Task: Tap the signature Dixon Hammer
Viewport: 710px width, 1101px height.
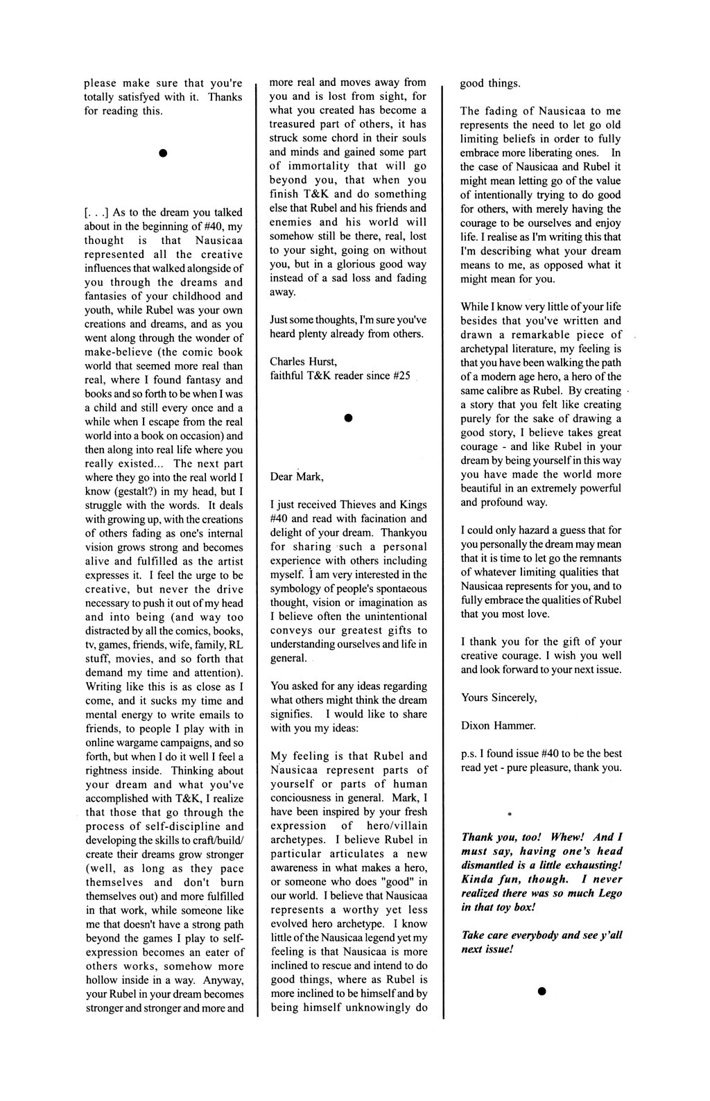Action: (x=498, y=725)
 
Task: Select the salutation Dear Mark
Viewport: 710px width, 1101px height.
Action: (x=297, y=476)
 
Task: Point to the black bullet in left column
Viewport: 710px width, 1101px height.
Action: (x=161, y=152)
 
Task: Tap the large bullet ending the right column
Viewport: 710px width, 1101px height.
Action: (x=542, y=991)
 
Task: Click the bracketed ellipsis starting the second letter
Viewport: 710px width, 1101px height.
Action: (x=95, y=212)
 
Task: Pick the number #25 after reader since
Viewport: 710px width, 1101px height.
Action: (x=401, y=376)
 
